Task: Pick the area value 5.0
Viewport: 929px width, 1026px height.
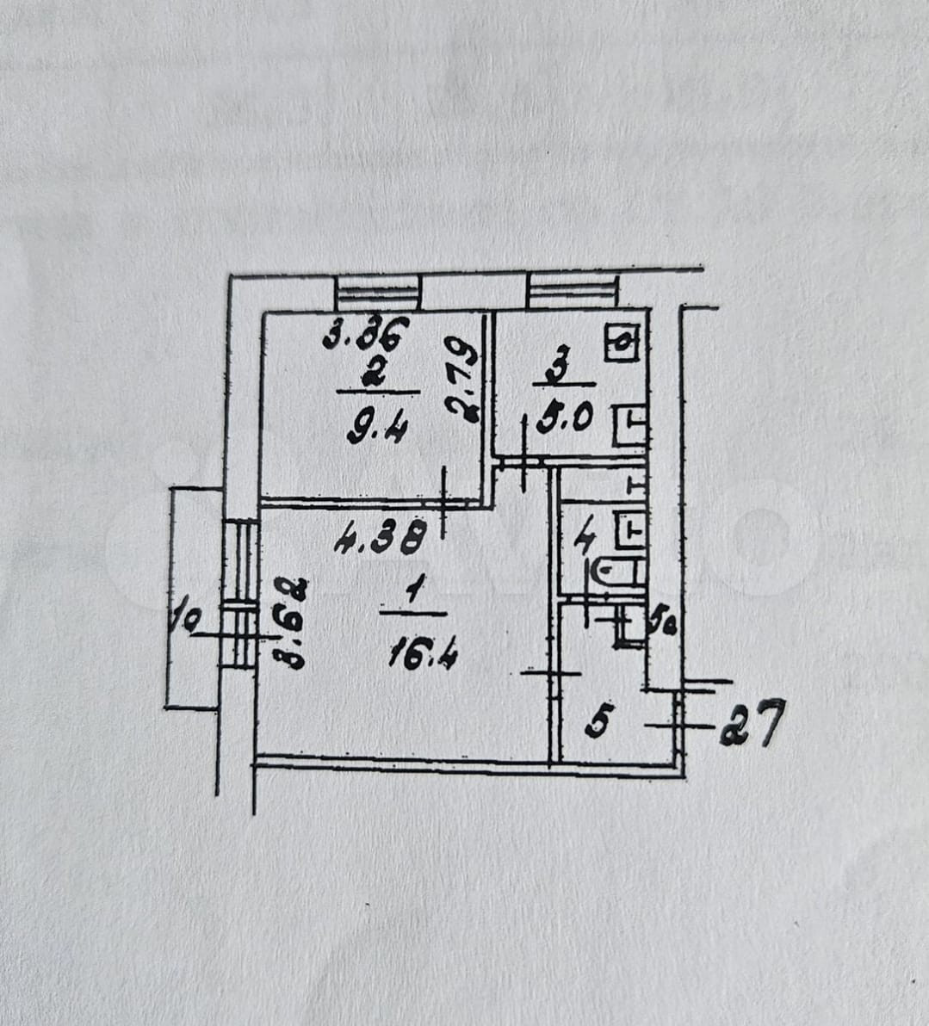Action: (564, 419)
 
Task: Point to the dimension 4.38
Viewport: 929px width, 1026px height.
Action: (381, 542)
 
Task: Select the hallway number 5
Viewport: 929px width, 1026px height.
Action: (600, 720)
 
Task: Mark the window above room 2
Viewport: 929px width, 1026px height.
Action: (377, 293)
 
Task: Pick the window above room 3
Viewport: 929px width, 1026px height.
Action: (573, 291)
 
